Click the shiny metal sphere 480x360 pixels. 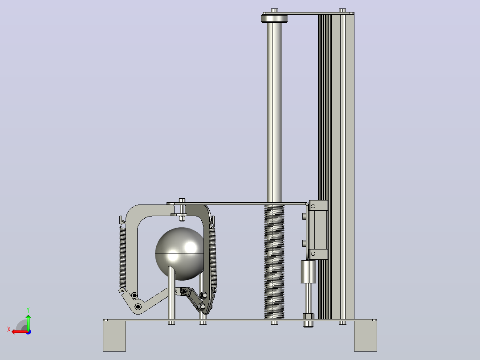click(x=180, y=254)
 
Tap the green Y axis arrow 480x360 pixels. click(x=28, y=322)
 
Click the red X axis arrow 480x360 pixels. click(x=20, y=332)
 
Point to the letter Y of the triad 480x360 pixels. click(x=28, y=310)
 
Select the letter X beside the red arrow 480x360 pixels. click(x=9, y=329)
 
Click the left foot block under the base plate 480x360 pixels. click(x=114, y=336)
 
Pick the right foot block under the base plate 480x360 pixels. click(x=366, y=336)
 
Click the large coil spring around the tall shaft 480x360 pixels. click(x=274, y=262)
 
